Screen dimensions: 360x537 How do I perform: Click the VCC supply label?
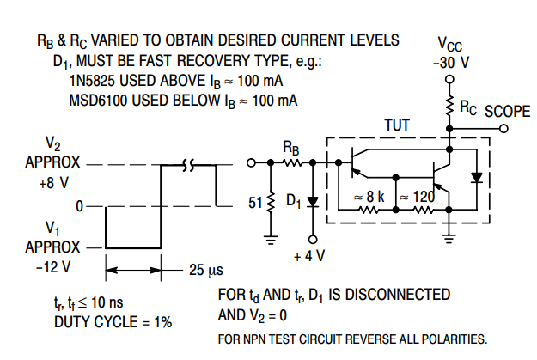point(449,44)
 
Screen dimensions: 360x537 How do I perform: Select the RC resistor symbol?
point(449,107)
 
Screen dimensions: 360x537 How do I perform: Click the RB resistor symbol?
point(292,161)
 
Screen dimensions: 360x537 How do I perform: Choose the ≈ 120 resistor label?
point(417,196)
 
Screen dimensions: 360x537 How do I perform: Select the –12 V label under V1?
point(55,267)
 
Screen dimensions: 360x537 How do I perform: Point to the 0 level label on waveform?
point(79,206)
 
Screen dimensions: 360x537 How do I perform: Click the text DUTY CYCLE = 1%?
point(113,322)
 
